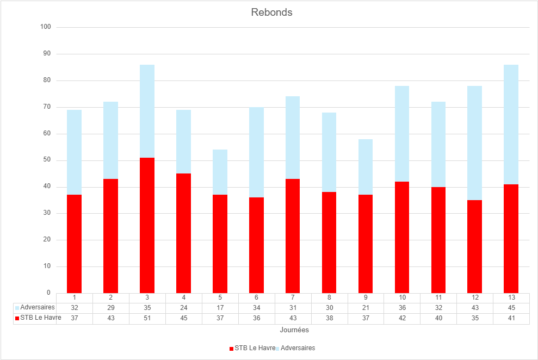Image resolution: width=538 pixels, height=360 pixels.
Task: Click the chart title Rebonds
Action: pyautogui.click(x=271, y=12)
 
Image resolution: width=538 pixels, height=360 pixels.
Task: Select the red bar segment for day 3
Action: pyautogui.click(x=147, y=225)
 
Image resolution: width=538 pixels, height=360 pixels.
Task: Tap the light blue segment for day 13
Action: pyautogui.click(x=511, y=125)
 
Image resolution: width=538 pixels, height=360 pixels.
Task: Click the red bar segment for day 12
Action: pyautogui.click(x=474, y=246)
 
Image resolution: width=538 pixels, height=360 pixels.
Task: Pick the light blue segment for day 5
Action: pyautogui.click(x=220, y=172)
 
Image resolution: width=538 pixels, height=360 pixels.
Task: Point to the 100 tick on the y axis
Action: pyautogui.click(x=46, y=27)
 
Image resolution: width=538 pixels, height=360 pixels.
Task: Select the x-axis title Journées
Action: pyautogui.click(x=294, y=330)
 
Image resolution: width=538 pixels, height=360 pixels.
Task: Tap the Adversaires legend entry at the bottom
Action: pyautogui.click(x=298, y=348)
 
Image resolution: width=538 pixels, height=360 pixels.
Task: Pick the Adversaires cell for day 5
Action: pyautogui.click(x=220, y=308)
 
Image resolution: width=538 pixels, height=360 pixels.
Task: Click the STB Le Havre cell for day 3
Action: pyautogui.click(x=147, y=318)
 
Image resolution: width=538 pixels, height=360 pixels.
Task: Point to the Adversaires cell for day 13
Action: pyautogui.click(x=511, y=308)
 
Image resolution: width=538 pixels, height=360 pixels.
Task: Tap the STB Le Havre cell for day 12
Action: pyautogui.click(x=474, y=318)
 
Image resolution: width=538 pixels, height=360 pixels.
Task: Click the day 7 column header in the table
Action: pyautogui.click(x=293, y=297)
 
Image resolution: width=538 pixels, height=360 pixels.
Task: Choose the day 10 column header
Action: pyautogui.click(x=402, y=297)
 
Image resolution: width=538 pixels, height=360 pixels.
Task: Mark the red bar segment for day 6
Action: pyautogui.click(x=256, y=245)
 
